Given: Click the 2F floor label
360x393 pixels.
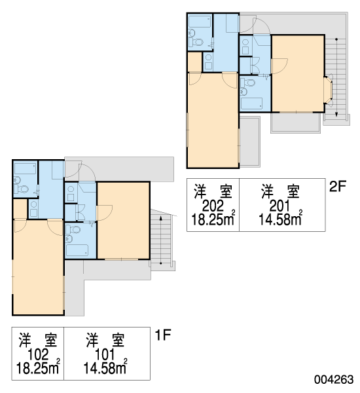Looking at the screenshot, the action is pyautogui.click(x=338, y=186).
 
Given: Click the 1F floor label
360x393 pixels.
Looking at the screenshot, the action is pyautogui.click(x=163, y=335).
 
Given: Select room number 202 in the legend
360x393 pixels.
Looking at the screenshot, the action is pyautogui.click(x=213, y=206).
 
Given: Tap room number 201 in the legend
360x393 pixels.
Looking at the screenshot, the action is pyautogui.click(x=280, y=206).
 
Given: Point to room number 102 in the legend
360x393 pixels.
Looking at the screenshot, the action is pyautogui.click(x=38, y=354).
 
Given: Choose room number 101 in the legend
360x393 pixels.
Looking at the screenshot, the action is pyautogui.click(x=105, y=354).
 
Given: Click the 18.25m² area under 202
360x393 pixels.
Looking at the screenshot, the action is pyautogui.click(x=213, y=219).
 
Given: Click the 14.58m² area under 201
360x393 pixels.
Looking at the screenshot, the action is pyautogui.click(x=280, y=219).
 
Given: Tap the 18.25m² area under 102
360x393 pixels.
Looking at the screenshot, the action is pyautogui.click(x=38, y=367).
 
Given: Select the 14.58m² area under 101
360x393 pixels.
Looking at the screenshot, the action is pyautogui.click(x=105, y=367).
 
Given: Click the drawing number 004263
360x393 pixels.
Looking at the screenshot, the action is pyautogui.click(x=334, y=379).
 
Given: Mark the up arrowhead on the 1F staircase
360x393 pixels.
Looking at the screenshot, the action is pyautogui.click(x=161, y=219).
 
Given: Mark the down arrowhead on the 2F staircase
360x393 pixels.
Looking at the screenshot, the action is pyautogui.click(x=336, y=114).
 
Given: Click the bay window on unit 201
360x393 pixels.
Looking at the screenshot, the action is pyautogui.click(x=328, y=90).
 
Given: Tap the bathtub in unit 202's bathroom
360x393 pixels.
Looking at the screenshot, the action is pyautogui.click(x=200, y=22).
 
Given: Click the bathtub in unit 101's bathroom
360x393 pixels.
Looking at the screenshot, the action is pyautogui.click(x=77, y=250).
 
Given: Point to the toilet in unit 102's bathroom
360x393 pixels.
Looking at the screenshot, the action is pyautogui.click(x=22, y=189).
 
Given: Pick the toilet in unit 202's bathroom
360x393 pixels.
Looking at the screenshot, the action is pyautogui.click(x=196, y=42).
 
